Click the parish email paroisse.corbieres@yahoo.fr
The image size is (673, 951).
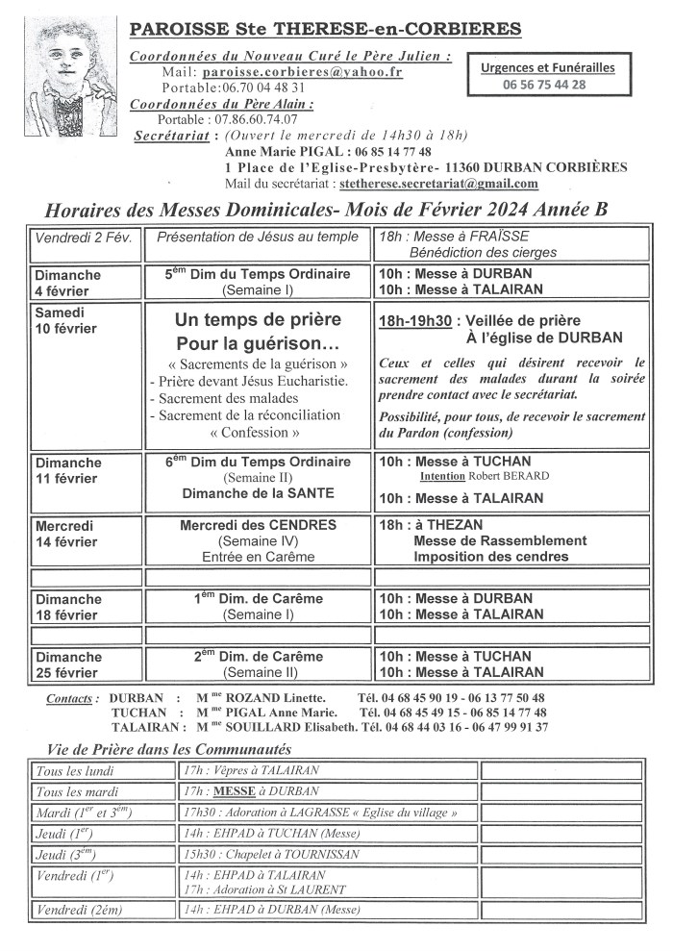point(302,72)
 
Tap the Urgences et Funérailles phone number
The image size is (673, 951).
point(544,85)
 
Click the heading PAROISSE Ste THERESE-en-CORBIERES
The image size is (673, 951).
point(326,30)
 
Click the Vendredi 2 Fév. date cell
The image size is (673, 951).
point(83,237)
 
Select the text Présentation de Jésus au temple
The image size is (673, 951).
point(256,237)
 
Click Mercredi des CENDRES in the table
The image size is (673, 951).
point(258,525)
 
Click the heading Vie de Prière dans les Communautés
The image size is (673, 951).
point(168,749)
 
